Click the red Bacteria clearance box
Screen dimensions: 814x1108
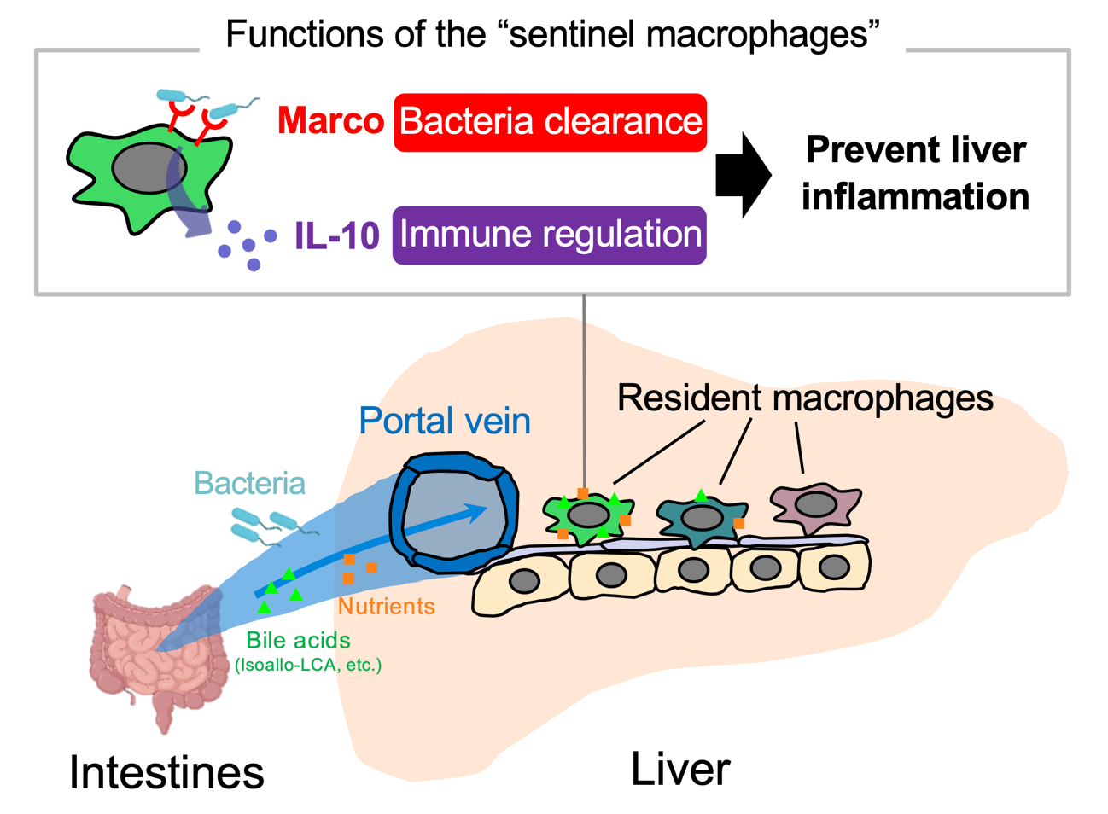[550, 122]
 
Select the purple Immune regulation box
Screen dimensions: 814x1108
[550, 235]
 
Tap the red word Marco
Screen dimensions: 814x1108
[330, 121]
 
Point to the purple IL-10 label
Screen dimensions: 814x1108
[336, 235]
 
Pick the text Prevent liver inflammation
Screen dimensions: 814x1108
[915, 173]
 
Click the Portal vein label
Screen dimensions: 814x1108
[444, 421]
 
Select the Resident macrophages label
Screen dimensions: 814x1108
[804, 398]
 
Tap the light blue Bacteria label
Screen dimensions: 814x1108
[249, 483]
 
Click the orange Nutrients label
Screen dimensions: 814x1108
[386, 607]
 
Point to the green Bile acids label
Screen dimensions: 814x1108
[298, 640]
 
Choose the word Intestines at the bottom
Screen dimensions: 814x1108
[166, 772]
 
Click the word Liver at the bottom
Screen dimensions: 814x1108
[679, 769]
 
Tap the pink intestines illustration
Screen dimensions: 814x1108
[154, 653]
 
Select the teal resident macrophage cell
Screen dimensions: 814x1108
[702, 517]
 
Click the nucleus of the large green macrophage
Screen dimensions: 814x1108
[149, 168]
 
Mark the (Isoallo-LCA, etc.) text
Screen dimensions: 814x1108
[307, 665]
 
